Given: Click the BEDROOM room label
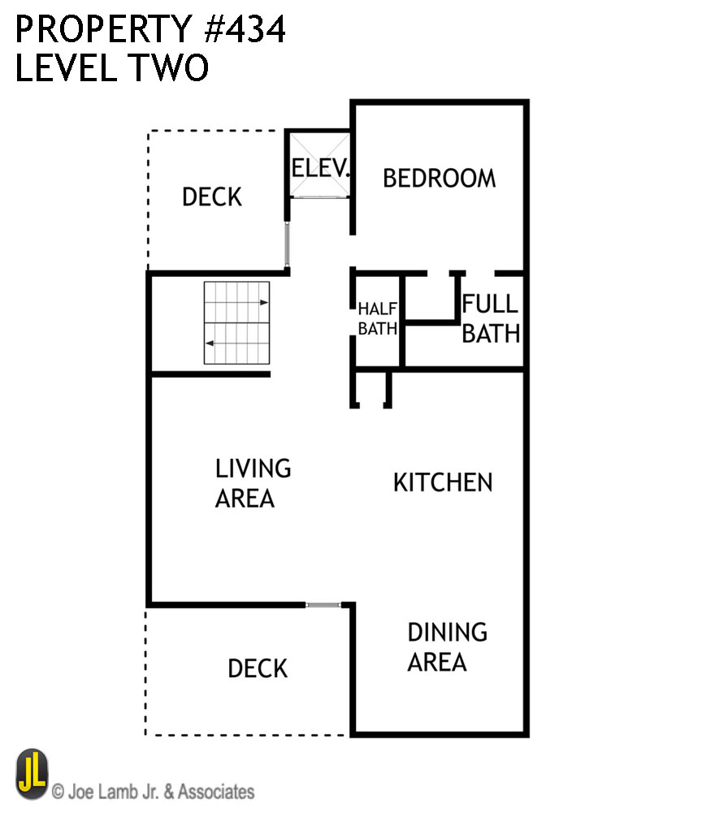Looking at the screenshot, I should click(439, 178).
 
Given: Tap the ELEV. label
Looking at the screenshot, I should click(321, 169).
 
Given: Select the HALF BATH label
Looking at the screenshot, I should click(377, 318).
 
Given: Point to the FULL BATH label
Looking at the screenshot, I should click(490, 318).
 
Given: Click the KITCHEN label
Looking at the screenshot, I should click(443, 482).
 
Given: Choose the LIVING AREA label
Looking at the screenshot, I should click(252, 483).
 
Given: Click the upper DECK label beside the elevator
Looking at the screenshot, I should click(211, 197).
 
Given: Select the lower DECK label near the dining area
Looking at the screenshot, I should click(258, 668).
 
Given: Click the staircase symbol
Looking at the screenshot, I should click(236, 322).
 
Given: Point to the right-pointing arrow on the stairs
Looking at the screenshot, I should click(263, 302).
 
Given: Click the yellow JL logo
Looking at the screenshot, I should click(32, 774).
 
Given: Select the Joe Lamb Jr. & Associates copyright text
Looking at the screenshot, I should click(153, 791).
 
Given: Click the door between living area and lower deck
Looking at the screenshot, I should click(323, 604).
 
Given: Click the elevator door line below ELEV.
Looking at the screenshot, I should click(320, 197).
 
